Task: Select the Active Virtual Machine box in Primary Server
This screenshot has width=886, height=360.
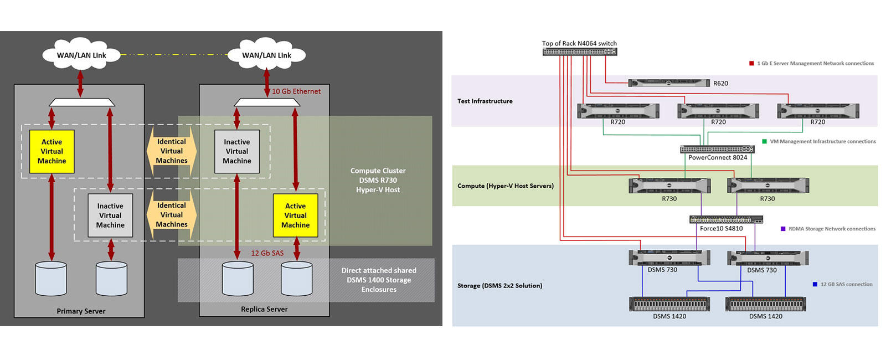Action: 51,151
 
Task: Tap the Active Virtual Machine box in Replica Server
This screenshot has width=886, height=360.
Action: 295,215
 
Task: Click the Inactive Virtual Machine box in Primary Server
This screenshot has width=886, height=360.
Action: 110,215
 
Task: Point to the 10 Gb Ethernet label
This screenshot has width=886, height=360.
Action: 296,91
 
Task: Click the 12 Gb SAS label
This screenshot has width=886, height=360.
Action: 267,253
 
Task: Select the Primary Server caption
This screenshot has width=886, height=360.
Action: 81,311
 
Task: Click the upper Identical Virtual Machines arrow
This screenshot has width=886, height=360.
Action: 171,151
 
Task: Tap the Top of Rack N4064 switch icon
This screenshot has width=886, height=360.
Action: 579,52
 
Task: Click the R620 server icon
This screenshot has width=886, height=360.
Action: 669,83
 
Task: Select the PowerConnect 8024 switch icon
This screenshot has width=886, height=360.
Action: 717,150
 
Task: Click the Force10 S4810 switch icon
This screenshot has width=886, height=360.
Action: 726,220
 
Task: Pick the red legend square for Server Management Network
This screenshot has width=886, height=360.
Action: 751,63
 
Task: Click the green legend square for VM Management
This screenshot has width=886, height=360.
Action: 765,141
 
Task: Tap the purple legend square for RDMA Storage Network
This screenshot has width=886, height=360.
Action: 783,229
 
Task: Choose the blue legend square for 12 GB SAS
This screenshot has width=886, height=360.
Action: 815,284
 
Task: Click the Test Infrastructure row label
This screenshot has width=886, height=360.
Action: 485,101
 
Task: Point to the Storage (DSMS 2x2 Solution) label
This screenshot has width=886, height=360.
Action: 499,286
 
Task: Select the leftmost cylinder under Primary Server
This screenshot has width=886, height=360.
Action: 51,279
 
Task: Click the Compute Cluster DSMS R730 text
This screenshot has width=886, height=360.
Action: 378,180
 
